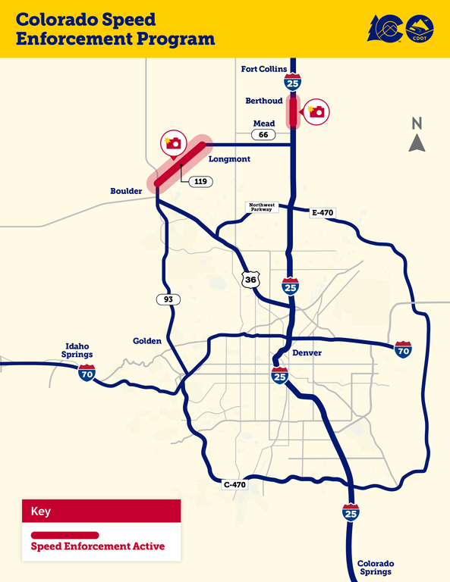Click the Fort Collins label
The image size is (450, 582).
pyautogui.click(x=264, y=69)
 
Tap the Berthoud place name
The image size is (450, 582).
pyautogui.click(x=264, y=101)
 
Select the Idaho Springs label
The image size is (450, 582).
pyautogui.click(x=77, y=349)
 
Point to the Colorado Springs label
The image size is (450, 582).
pyautogui.click(x=376, y=568)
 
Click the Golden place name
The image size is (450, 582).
pyautogui.click(x=147, y=341)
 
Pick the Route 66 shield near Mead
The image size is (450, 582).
pyautogui.click(x=263, y=134)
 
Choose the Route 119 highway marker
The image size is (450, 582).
pyautogui.click(x=201, y=182)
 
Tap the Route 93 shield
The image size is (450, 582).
pyautogui.click(x=168, y=299)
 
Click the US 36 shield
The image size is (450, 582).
pyautogui.click(x=251, y=280)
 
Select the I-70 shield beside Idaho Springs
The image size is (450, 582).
pyautogui.click(x=87, y=372)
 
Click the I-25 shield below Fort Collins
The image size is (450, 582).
pyautogui.click(x=293, y=80)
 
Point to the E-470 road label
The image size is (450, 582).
pyautogui.click(x=323, y=212)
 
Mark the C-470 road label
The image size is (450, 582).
pyautogui.click(x=235, y=484)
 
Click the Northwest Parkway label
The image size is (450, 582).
pyautogui.click(x=264, y=207)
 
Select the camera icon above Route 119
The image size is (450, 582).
pyautogui.click(x=174, y=142)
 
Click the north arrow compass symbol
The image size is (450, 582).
pyautogui.click(x=417, y=136)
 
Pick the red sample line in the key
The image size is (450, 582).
pyautogui.click(x=65, y=535)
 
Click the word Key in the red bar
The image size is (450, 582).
pyautogui.click(x=41, y=512)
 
